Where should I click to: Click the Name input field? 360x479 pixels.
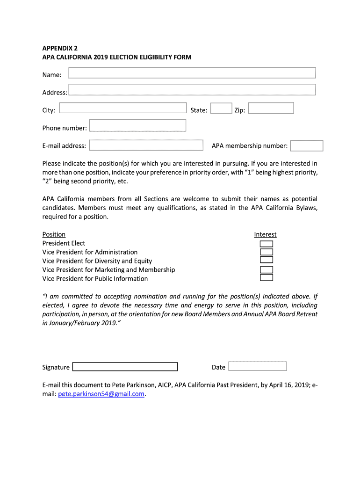pyautogui.click(x=192, y=73)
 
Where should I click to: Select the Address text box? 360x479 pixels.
pyautogui.click(x=192, y=90)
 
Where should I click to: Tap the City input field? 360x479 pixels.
pyautogui.click(x=123, y=108)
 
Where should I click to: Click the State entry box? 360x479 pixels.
pyautogui.click(x=221, y=109)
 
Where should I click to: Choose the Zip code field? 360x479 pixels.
pyautogui.click(x=271, y=109)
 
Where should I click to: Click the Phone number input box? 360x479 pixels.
pyautogui.click(x=137, y=126)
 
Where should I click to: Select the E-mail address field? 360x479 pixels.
pyautogui.click(x=146, y=145)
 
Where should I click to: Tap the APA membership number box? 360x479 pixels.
pyautogui.click(x=306, y=146)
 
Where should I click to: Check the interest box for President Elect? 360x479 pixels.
pyautogui.click(x=266, y=244)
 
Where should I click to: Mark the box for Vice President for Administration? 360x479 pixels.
pyautogui.click(x=266, y=252)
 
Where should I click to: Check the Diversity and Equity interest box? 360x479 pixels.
pyautogui.click(x=266, y=260)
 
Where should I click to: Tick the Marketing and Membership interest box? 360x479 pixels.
pyautogui.click(x=266, y=270)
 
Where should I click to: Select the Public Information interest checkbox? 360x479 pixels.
pyautogui.click(x=266, y=278)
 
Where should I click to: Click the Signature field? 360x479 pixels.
pyautogui.click(x=125, y=367)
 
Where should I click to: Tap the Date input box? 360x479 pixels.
pyautogui.click(x=257, y=366)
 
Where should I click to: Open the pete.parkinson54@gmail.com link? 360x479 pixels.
pyautogui.click(x=101, y=394)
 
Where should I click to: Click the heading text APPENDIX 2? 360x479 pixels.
pyautogui.click(x=60, y=48)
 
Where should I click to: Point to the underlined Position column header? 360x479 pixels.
pyautogui.click(x=54, y=234)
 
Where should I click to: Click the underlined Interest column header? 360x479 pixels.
pyautogui.click(x=265, y=234)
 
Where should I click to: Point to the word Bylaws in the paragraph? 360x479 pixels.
pyautogui.click(x=306, y=208)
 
